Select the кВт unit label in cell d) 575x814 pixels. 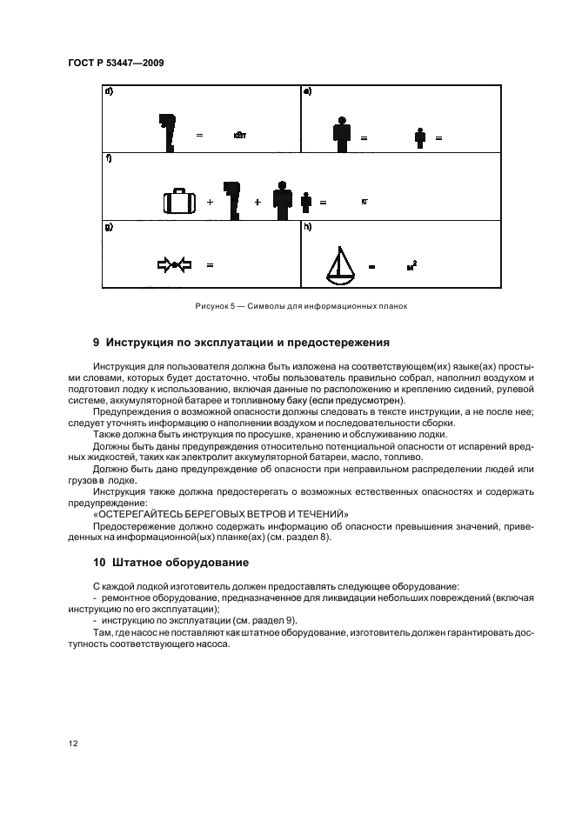point(240,136)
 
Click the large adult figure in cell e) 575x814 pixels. point(342,131)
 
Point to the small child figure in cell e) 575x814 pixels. point(419,137)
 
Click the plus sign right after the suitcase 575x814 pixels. point(210,202)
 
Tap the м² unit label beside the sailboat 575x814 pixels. point(411,265)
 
